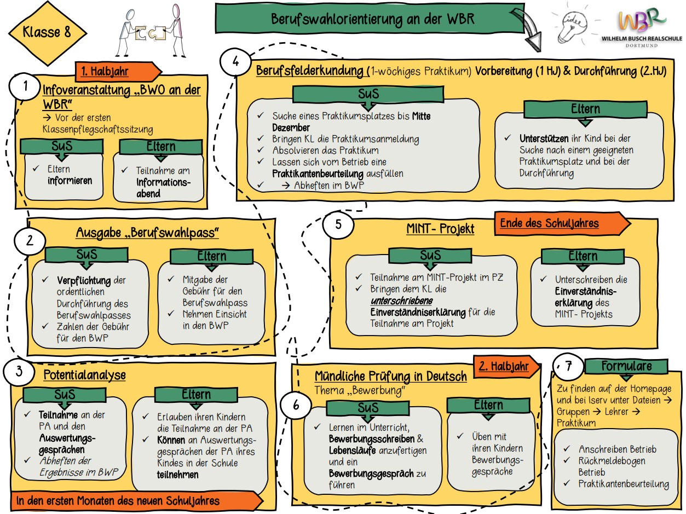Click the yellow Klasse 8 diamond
[47, 32]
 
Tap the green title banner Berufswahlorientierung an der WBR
[372, 19]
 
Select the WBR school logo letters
[642, 21]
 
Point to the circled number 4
[236, 62]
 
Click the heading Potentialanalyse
[84, 375]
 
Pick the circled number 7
[568, 366]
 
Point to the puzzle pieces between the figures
[149, 34]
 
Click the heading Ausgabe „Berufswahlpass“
[147, 234]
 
